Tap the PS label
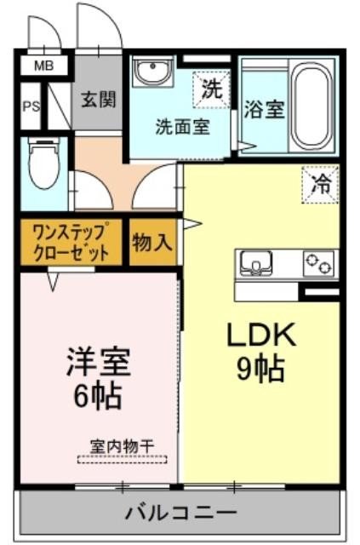pyautogui.click(x=30, y=106)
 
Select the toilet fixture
pyautogui.click(x=41, y=167)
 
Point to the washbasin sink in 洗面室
pyautogui.click(x=153, y=72)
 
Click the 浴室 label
pyautogui.click(x=264, y=111)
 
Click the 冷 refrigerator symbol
pyautogui.click(x=321, y=182)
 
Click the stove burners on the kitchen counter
pyautogui.click(x=321, y=263)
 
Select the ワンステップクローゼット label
pyautogui.click(x=71, y=242)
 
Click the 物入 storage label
pyautogui.click(x=152, y=243)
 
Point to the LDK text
pyautogui.click(x=260, y=335)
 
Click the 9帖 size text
pyautogui.click(x=260, y=368)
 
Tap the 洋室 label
pyautogui.click(x=97, y=362)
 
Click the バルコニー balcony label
pyautogui.click(x=180, y=513)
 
